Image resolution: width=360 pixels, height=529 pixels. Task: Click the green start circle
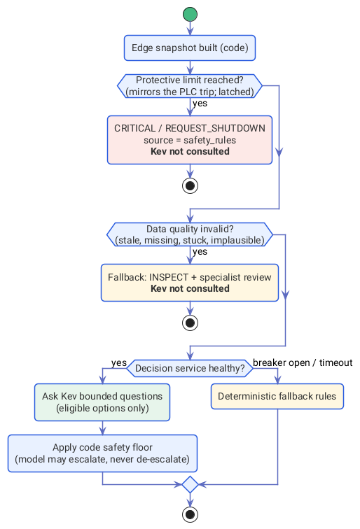[190, 14]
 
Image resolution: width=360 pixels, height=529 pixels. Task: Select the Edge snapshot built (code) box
[190, 48]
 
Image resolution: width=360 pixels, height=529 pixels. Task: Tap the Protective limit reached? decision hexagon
[190, 86]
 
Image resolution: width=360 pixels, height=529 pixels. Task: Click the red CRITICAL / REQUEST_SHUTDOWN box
[190, 140]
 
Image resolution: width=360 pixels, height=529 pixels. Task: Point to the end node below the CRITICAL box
[190, 185]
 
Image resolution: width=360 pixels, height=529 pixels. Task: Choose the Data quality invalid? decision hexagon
[190, 234]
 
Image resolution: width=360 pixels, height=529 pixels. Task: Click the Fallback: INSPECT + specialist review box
[190, 283]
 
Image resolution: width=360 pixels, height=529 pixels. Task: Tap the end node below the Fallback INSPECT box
[190, 323]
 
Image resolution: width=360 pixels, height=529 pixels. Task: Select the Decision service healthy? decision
[190, 368]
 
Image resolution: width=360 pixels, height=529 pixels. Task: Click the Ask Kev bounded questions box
[102, 402]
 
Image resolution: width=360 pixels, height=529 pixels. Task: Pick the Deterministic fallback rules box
[277, 397]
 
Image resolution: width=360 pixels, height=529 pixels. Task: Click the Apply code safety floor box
[102, 453]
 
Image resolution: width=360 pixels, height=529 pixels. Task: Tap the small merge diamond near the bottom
[190, 485]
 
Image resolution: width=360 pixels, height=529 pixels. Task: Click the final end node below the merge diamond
[190, 515]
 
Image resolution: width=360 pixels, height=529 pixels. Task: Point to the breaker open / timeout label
[303, 362]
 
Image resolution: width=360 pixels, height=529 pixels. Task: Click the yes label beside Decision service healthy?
[119, 363]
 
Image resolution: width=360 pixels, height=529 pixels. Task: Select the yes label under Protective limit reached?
[200, 104]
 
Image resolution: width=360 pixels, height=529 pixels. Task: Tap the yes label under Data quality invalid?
[200, 252]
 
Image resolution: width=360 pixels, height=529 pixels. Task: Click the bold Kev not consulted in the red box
[190, 151]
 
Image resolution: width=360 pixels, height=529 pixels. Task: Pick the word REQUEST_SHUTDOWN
[215, 129]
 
